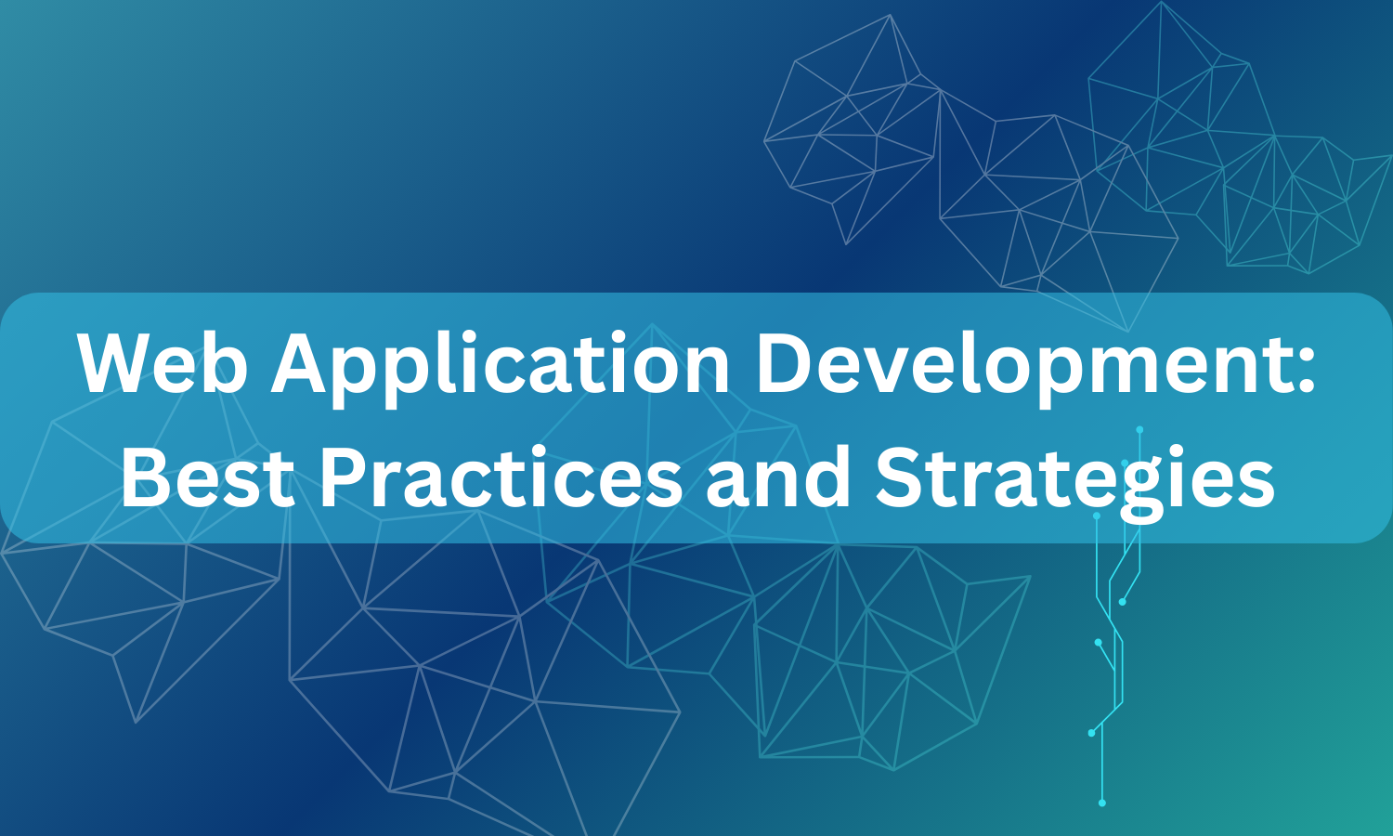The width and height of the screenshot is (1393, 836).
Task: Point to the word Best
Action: coord(208,477)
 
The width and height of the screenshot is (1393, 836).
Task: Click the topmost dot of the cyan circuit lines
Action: coord(1139,430)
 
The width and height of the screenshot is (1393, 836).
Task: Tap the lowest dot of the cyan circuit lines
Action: coord(1102,803)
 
